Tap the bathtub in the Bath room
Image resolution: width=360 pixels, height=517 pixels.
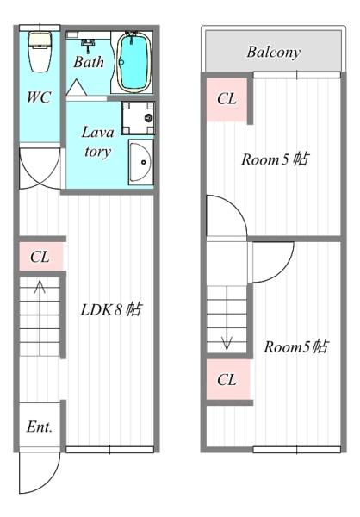(x=134, y=62)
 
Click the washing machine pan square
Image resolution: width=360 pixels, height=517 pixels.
(x=137, y=118)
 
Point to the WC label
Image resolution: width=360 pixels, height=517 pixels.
(x=39, y=97)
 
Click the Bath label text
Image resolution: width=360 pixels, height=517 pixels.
(x=88, y=63)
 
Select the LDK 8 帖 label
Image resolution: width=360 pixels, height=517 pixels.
(x=110, y=309)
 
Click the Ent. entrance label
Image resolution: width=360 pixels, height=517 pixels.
(x=39, y=427)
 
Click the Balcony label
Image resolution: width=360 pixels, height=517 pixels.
(x=273, y=53)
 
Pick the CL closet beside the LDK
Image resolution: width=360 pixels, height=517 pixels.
(x=40, y=257)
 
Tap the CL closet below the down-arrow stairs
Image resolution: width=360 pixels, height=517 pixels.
(x=227, y=379)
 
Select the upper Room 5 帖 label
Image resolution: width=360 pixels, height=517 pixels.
(x=274, y=159)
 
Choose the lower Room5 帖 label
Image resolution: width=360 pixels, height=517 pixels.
(x=295, y=346)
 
